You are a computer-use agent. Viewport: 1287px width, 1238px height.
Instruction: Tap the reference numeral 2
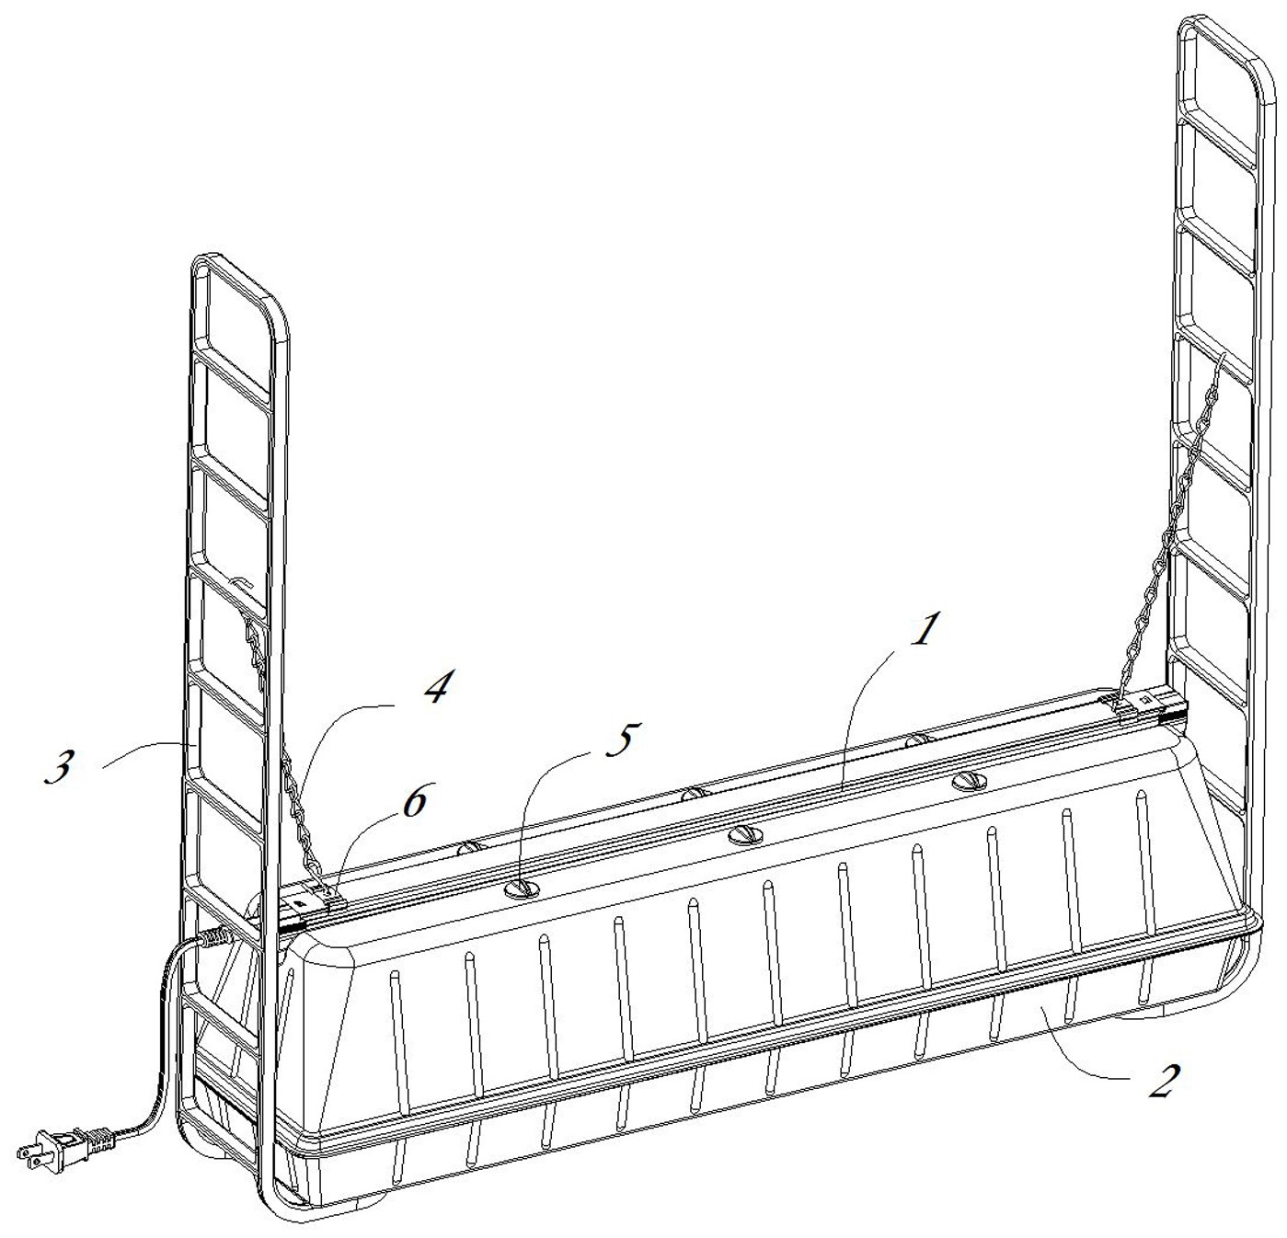[1161, 1082]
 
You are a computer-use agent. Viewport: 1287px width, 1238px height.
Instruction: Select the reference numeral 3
[59, 766]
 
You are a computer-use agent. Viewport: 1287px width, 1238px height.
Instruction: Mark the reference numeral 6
[413, 801]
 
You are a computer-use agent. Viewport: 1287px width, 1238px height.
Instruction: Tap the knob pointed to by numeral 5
[521, 888]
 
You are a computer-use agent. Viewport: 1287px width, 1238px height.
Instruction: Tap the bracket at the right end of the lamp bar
[1141, 703]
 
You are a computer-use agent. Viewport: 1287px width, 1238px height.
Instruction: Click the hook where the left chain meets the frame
[241, 583]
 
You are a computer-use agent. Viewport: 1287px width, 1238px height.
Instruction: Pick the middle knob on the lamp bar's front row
[745, 835]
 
